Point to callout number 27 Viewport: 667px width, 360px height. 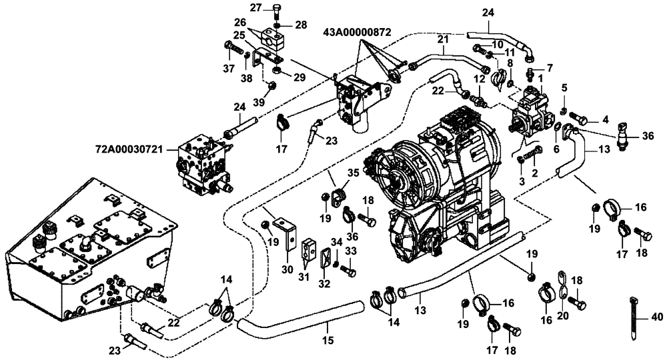pyautogui.click(x=257, y=7)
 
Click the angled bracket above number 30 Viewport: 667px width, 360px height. pyautogui.click(x=289, y=231)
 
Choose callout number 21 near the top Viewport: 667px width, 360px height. pyautogui.click(x=442, y=41)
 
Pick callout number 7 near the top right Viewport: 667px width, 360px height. pyautogui.click(x=550, y=68)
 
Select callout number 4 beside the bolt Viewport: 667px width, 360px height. pyautogui.click(x=605, y=121)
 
